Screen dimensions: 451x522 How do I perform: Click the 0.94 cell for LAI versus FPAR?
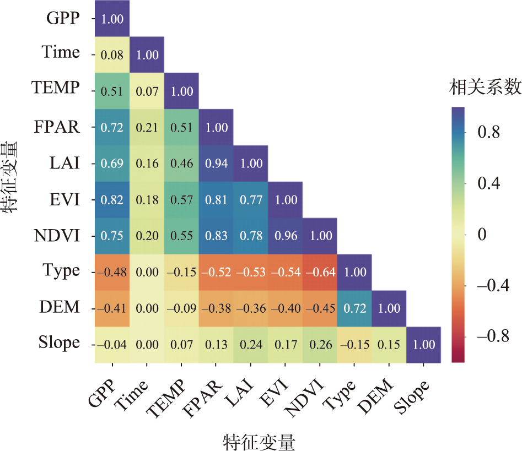(x=216, y=164)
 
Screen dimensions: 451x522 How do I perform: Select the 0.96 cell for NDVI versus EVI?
(x=286, y=236)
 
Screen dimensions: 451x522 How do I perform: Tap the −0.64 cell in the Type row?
(x=320, y=272)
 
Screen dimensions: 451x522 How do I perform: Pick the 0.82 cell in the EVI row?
(x=112, y=200)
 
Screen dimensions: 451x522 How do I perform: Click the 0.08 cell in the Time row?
(x=112, y=55)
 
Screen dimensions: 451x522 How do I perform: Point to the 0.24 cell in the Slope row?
(x=251, y=345)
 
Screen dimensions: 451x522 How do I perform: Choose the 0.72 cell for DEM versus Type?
(x=354, y=308)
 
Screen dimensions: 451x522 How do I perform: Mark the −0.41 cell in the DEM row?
(x=112, y=308)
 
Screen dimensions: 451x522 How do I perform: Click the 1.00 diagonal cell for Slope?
(x=424, y=345)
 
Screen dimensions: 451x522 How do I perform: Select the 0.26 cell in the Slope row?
(x=320, y=345)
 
